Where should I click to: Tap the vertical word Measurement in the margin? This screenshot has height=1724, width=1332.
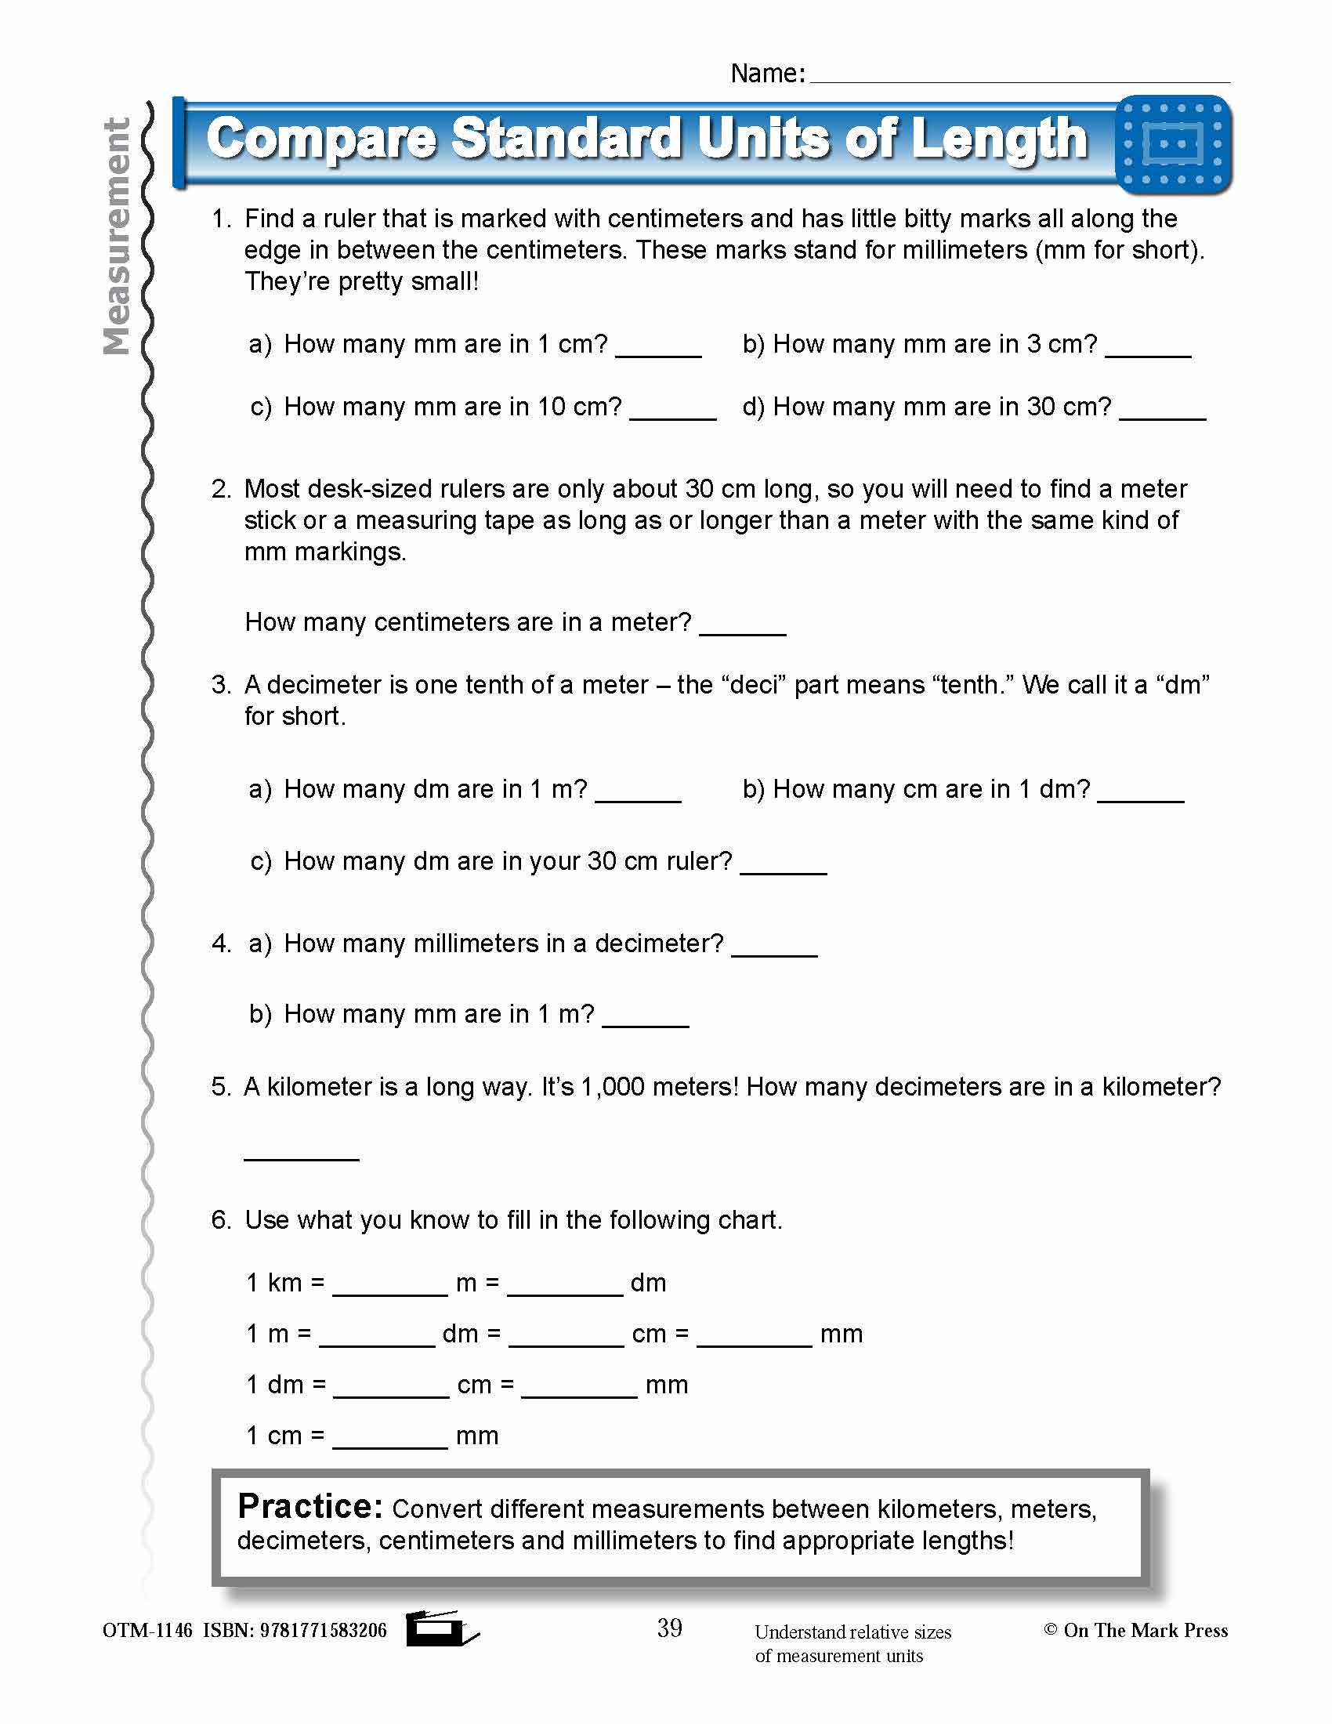click(x=117, y=237)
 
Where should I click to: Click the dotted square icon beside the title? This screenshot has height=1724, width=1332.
click(x=1174, y=144)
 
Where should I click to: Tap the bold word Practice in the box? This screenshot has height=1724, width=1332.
click(x=309, y=1506)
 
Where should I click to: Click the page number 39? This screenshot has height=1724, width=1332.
click(x=669, y=1627)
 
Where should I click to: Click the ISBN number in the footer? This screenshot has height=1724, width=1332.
click(x=323, y=1630)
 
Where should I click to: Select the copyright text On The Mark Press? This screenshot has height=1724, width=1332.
click(x=1144, y=1630)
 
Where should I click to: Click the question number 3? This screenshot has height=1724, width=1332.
click(x=220, y=684)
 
